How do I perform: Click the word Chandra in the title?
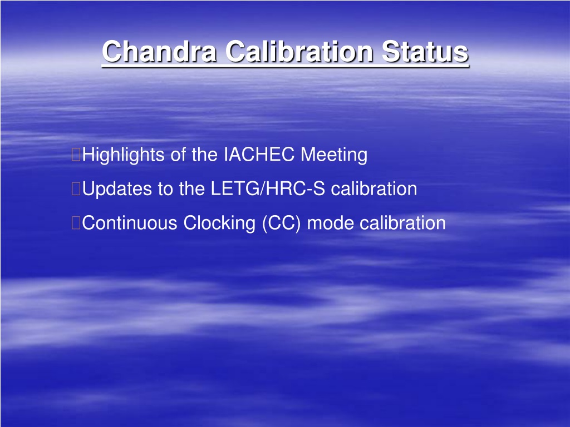159,51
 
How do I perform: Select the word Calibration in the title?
299,51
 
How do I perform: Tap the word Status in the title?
425,51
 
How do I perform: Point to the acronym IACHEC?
259,155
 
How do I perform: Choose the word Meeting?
334,155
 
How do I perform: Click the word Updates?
117,189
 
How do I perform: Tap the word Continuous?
129,223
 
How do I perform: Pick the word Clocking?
219,224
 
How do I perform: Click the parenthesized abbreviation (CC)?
281,224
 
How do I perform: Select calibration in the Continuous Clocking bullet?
403,223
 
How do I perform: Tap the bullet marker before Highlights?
76,155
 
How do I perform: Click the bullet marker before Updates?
76,189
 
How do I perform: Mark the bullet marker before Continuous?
76,223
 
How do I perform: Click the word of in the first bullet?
178,155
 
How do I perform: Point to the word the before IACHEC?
205,155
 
